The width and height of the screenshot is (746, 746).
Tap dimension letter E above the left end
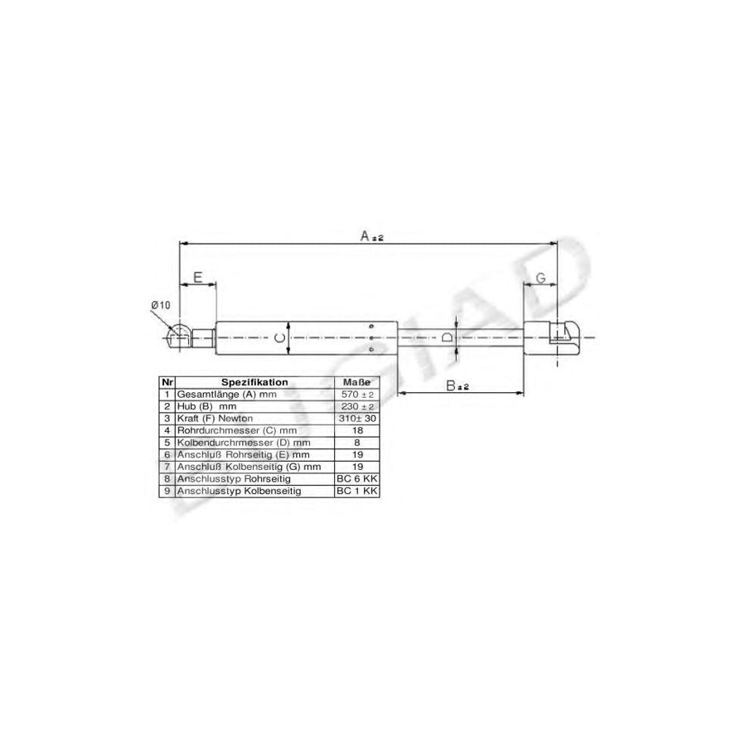(198, 277)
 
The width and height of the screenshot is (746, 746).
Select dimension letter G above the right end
(540, 278)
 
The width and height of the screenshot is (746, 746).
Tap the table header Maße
(357, 382)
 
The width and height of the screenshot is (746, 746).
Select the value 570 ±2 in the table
(357, 395)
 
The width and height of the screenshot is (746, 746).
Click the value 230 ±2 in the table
(357, 407)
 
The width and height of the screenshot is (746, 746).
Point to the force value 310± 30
(357, 419)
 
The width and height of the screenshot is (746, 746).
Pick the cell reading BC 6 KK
(357, 479)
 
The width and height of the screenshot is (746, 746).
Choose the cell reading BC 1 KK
(357, 492)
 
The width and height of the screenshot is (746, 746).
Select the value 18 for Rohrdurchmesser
(357, 431)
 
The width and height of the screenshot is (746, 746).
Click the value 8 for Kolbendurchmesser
(357, 443)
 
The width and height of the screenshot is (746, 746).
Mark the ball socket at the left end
(178, 337)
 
